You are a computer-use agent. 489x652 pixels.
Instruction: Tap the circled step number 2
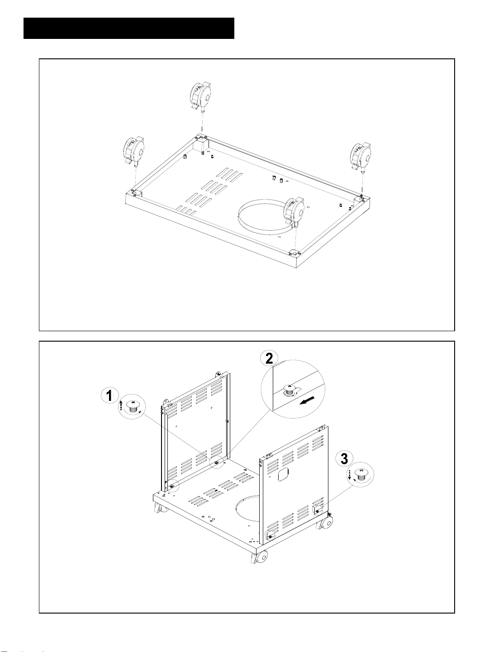tap(269, 358)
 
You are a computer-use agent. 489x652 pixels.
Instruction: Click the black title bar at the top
tap(129, 28)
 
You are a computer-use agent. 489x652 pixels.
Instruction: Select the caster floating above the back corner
tap(202, 97)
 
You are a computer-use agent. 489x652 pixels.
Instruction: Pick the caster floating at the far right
tap(361, 158)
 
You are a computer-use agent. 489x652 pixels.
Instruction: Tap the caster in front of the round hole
tap(294, 211)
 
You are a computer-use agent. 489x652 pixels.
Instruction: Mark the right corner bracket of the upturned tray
tap(360, 198)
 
